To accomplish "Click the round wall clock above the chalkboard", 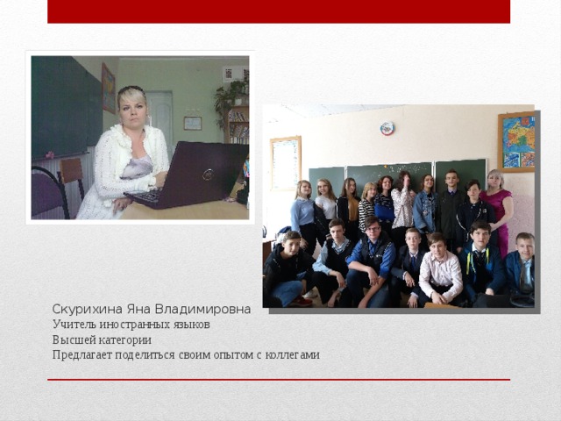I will click(x=387, y=129).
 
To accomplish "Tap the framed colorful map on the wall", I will click(x=516, y=143).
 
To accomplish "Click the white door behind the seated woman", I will click(x=160, y=114).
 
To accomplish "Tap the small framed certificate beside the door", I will click(x=192, y=123).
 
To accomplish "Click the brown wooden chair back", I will click(x=72, y=173).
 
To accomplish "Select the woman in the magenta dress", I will click(x=496, y=209).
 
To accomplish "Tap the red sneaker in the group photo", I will click(x=302, y=301).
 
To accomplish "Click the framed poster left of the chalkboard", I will click(x=285, y=162).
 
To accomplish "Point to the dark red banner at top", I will click(x=279, y=11).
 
